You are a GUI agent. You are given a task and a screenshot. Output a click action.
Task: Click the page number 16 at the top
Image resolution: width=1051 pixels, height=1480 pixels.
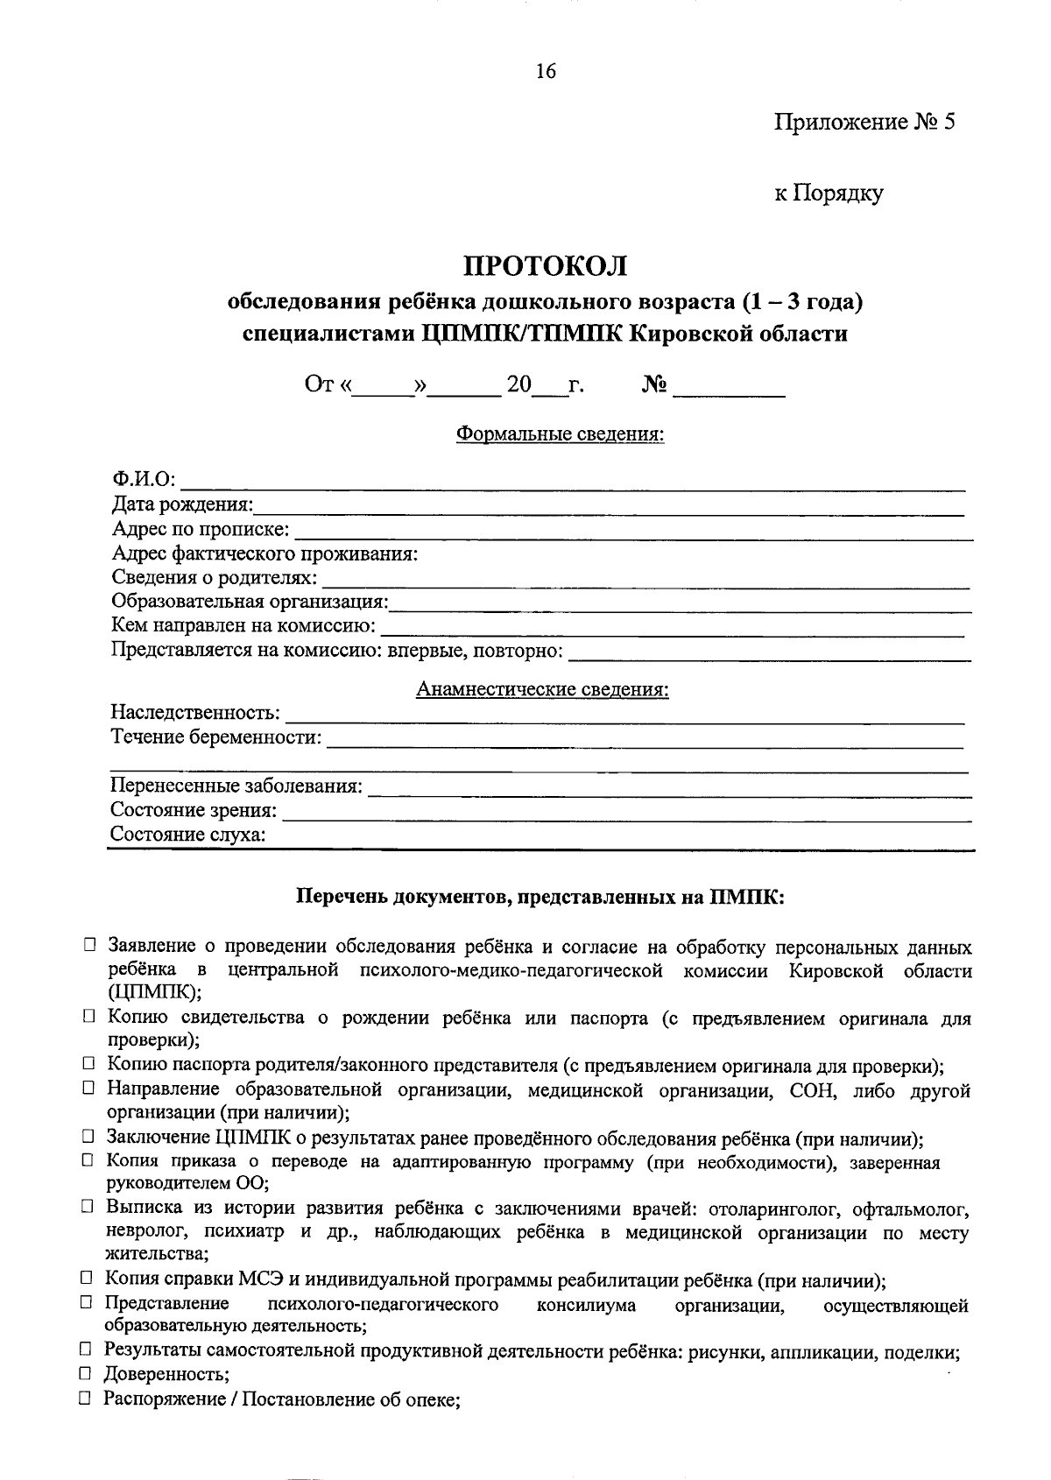pyautogui.click(x=545, y=72)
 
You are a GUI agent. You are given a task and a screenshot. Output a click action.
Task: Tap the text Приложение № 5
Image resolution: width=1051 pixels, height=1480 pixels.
pyautogui.click(x=864, y=122)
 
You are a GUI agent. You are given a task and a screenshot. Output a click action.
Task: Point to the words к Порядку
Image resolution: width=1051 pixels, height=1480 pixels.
pyautogui.click(x=828, y=193)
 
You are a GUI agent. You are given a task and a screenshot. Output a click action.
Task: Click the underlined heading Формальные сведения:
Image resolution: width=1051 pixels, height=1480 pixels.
pyautogui.click(x=561, y=433)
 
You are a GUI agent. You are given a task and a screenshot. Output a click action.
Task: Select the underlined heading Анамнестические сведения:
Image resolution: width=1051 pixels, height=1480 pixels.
pyautogui.click(x=542, y=689)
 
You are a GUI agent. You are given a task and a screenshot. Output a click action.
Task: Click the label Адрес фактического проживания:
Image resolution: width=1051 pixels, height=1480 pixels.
pyautogui.click(x=265, y=553)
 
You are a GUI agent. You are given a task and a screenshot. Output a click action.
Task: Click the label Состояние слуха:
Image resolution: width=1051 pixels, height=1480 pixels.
pyautogui.click(x=188, y=835)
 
